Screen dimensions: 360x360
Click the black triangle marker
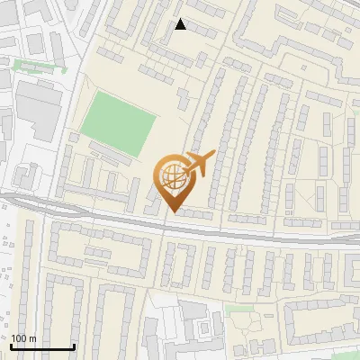[180, 24]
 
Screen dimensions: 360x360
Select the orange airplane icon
[197, 163]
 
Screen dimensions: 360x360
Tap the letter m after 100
[32, 338]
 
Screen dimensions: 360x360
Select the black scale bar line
[42, 346]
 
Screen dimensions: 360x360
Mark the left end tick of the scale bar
[12, 345]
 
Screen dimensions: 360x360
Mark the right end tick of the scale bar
[74, 345]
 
